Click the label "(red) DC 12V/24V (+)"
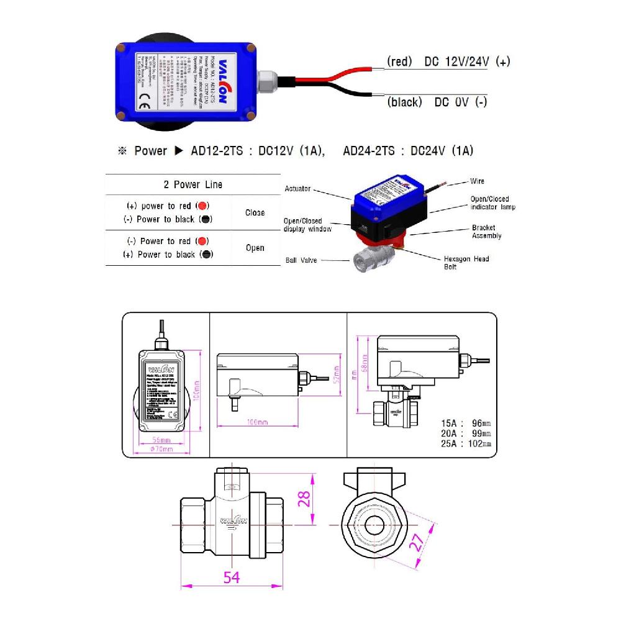[x=448, y=61]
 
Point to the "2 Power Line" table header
[x=193, y=184]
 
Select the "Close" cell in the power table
[x=255, y=212]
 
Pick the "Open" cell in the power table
[x=255, y=248]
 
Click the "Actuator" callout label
[x=297, y=189]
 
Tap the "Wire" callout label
[x=477, y=182]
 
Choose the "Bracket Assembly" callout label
[x=486, y=232]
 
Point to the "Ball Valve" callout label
[x=301, y=260]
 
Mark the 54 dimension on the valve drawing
[x=231, y=577]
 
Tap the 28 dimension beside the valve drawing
[x=303, y=499]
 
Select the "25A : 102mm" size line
[x=466, y=444]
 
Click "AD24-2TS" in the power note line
[x=368, y=151]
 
